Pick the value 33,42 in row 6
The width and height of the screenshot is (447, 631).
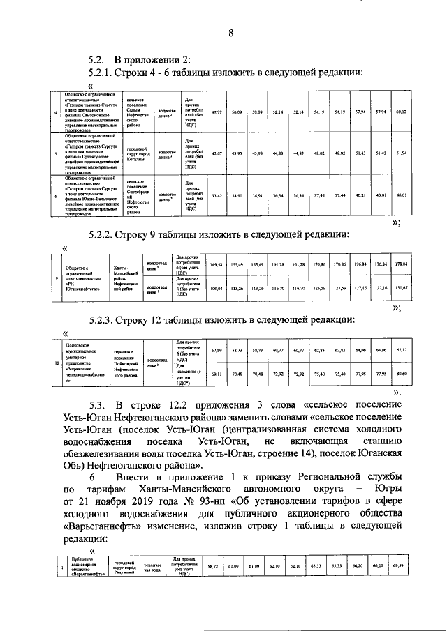click(217, 196)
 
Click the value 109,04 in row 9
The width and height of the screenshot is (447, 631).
click(217, 287)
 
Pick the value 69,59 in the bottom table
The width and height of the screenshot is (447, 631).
click(399, 566)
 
